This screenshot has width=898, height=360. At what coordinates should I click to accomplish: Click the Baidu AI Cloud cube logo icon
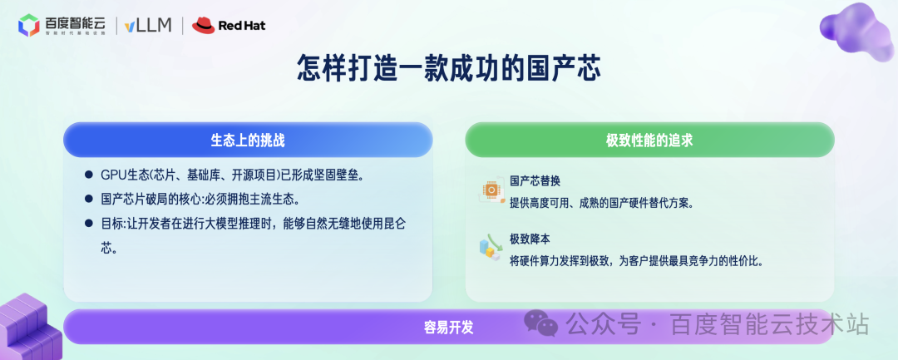click(x=29, y=26)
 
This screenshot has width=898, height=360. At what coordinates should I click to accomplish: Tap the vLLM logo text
click(x=147, y=26)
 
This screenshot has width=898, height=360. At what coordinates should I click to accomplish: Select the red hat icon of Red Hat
click(x=203, y=26)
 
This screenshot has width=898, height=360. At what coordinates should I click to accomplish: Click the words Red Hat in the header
click(x=242, y=27)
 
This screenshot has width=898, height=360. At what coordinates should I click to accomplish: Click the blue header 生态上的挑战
click(x=248, y=140)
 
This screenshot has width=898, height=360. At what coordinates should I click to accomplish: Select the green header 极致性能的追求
click(x=649, y=141)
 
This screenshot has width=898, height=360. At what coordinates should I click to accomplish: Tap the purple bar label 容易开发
click(x=448, y=327)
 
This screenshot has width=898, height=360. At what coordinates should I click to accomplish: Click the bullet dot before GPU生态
click(x=88, y=175)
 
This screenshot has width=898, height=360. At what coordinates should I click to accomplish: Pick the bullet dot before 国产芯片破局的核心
click(x=88, y=200)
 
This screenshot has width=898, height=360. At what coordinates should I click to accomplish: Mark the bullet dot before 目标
click(x=88, y=224)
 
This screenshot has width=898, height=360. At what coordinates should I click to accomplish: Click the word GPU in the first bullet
click(x=111, y=175)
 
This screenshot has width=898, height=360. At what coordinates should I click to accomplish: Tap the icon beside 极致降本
click(x=490, y=248)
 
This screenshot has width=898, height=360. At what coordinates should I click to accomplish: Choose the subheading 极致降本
click(x=530, y=239)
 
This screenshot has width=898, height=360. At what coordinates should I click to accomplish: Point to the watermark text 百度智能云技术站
click(x=769, y=323)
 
